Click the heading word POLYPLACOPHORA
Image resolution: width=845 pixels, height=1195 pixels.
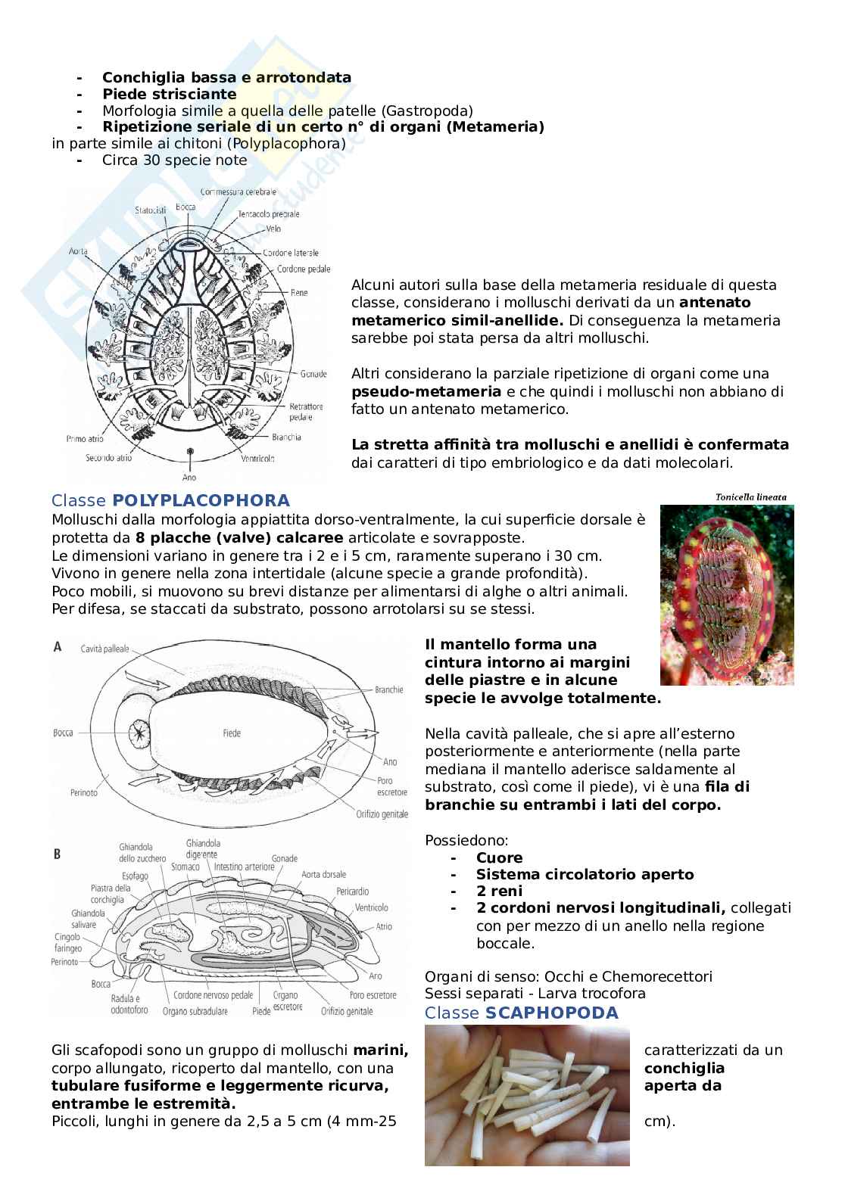(201, 500)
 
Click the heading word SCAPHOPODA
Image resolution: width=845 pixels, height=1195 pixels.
(551, 1013)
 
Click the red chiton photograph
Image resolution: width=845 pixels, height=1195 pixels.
(726, 595)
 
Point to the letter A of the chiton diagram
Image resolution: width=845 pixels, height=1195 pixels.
(58, 647)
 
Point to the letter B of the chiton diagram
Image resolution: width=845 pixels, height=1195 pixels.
(58, 854)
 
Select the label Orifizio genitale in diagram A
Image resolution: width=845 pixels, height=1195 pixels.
(382, 814)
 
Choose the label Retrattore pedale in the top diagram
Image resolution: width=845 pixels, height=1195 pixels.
(305, 411)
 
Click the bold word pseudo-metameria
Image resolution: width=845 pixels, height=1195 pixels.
(426, 391)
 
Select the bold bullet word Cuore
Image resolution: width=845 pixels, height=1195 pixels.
(499, 857)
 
